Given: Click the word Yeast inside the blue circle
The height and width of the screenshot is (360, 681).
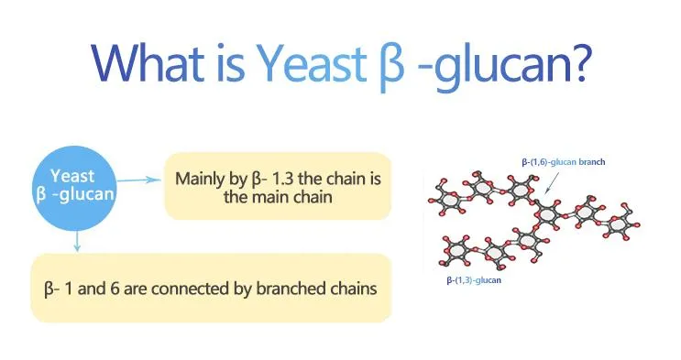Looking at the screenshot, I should [x=72, y=176].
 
